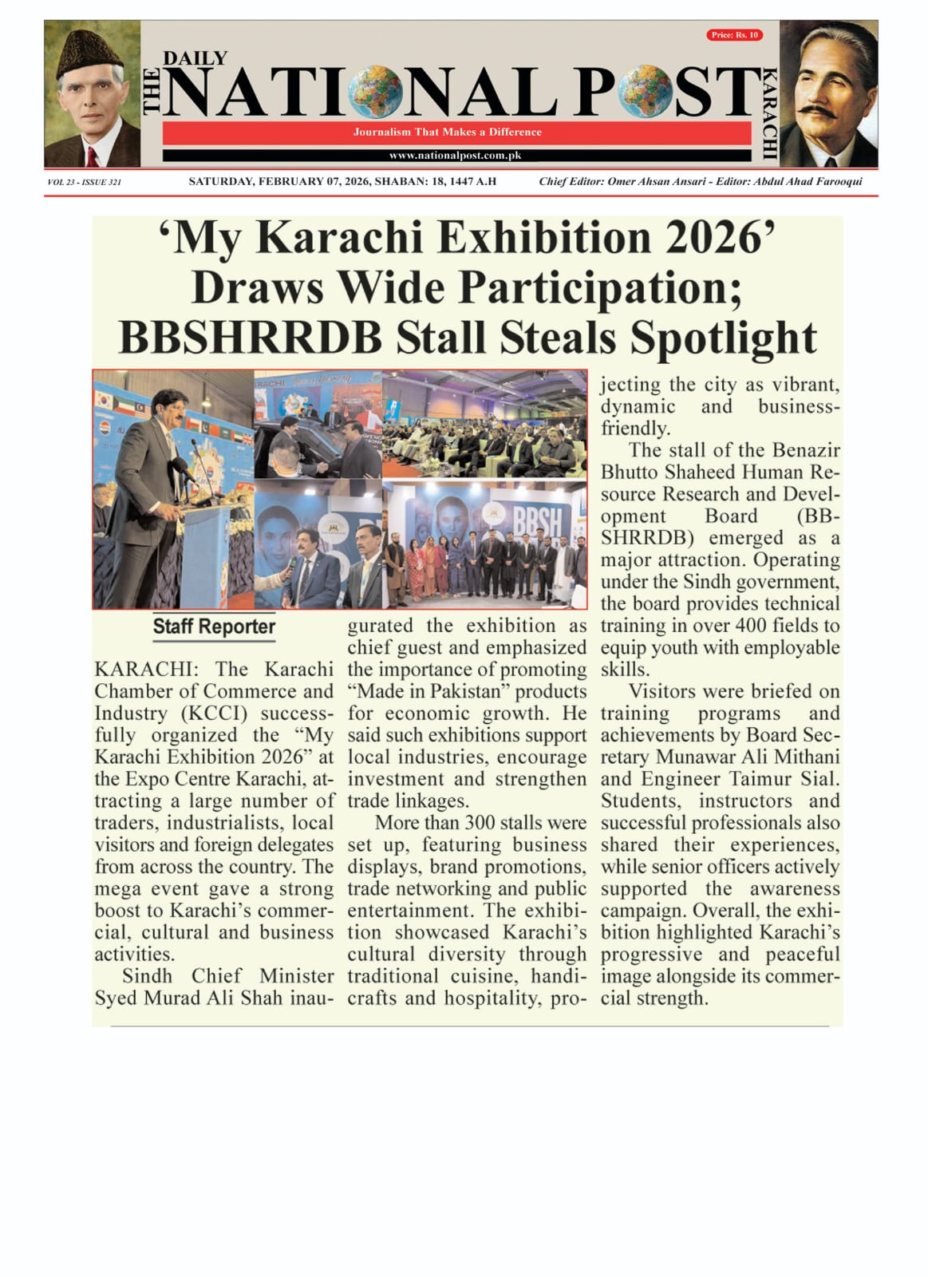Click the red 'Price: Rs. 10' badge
click(x=734, y=35)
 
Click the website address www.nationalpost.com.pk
click(x=456, y=156)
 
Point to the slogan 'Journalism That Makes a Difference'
click(x=448, y=132)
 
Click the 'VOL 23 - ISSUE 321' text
click(x=85, y=183)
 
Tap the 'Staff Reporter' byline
click(x=214, y=627)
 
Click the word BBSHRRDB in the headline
click(x=251, y=338)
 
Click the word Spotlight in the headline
click(x=723, y=338)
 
